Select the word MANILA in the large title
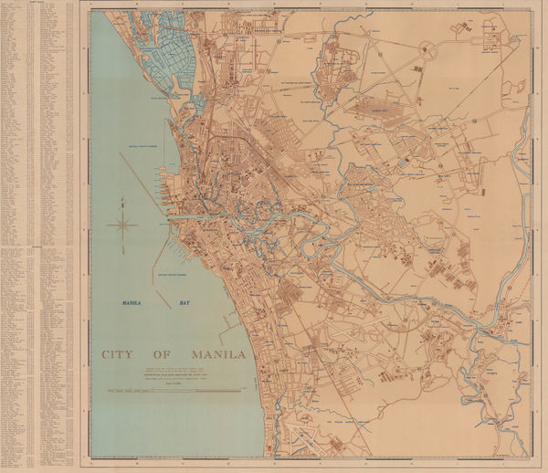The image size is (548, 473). [x=218, y=354]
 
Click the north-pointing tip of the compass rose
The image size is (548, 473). [x=122, y=200]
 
